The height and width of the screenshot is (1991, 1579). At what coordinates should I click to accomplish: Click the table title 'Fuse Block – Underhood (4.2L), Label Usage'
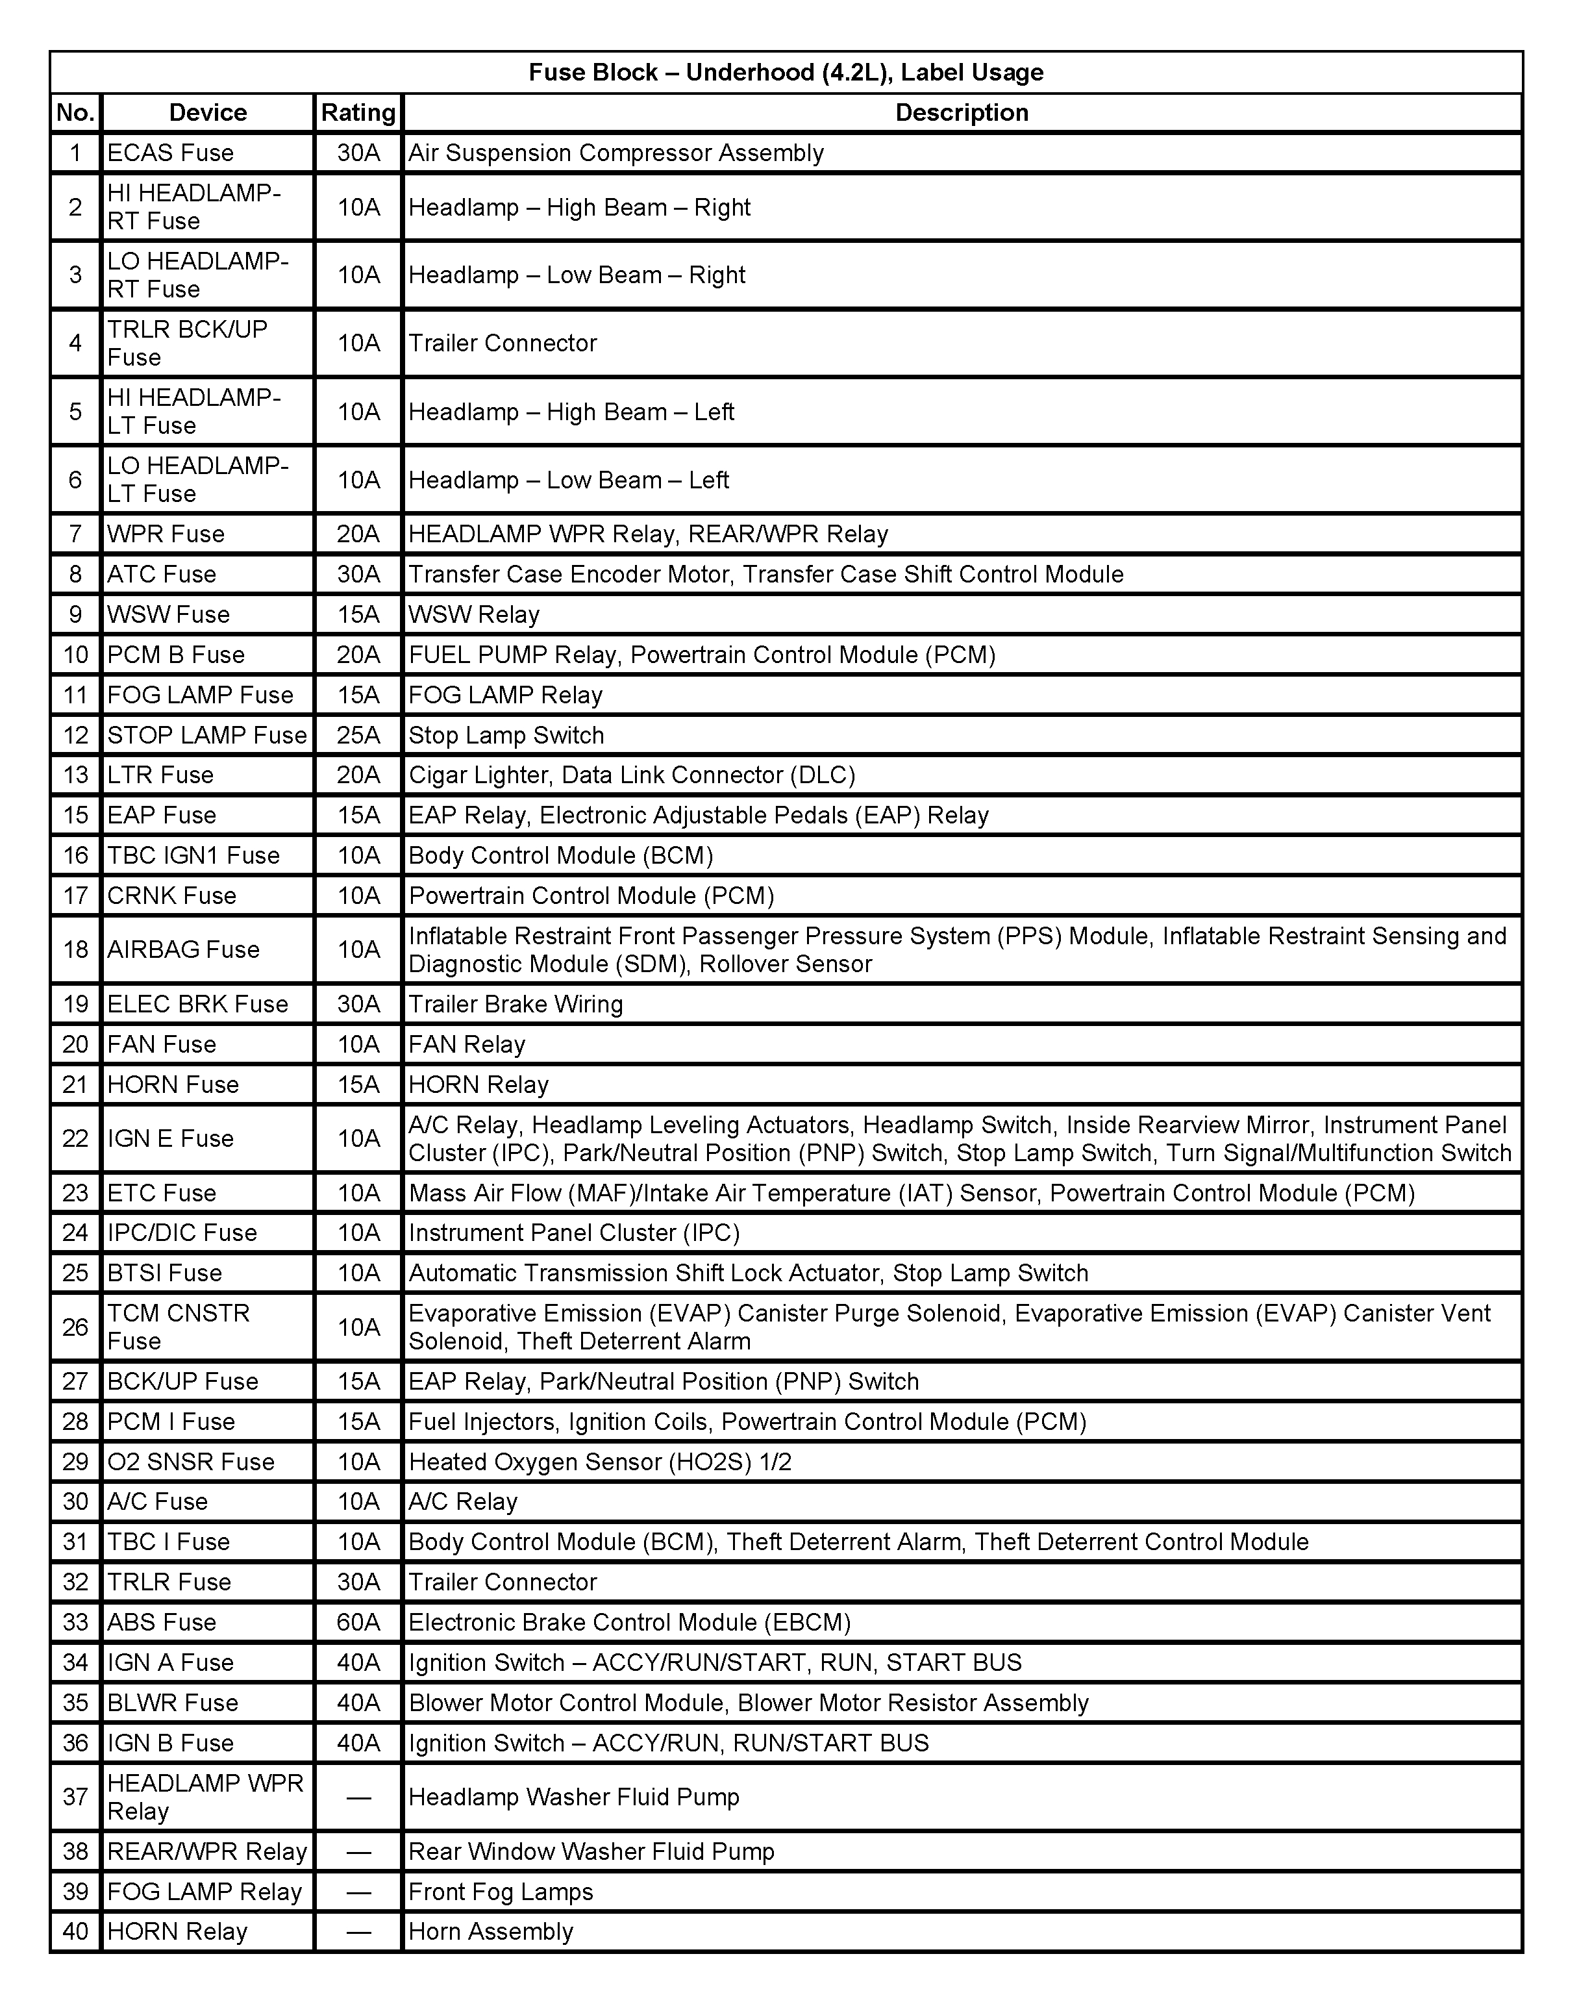(786, 72)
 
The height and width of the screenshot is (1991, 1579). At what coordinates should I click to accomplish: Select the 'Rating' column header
(358, 112)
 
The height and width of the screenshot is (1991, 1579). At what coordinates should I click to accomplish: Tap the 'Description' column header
(962, 112)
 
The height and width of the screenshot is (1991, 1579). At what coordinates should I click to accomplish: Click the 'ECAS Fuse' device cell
(171, 153)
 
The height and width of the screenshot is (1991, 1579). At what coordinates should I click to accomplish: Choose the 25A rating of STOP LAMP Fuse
(358, 735)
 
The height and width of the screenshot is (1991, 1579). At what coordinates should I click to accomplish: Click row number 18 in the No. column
(76, 949)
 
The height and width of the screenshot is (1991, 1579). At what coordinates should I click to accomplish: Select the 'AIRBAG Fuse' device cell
(184, 949)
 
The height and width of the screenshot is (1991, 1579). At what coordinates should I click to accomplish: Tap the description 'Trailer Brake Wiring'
(516, 1004)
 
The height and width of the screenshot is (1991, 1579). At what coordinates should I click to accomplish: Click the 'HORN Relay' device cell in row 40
(177, 1931)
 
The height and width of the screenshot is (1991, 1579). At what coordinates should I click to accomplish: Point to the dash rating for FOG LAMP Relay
(358, 1891)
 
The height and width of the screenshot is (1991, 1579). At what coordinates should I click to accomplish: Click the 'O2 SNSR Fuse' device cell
(191, 1462)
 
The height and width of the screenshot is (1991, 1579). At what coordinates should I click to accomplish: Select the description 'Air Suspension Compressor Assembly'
(616, 153)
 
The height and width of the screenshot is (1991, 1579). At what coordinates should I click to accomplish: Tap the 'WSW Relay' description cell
(475, 614)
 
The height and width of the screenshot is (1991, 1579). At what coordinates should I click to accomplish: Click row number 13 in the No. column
(76, 775)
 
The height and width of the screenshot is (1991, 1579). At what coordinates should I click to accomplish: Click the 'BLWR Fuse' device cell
(173, 1702)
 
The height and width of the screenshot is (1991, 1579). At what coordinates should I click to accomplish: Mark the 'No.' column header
(76, 112)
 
